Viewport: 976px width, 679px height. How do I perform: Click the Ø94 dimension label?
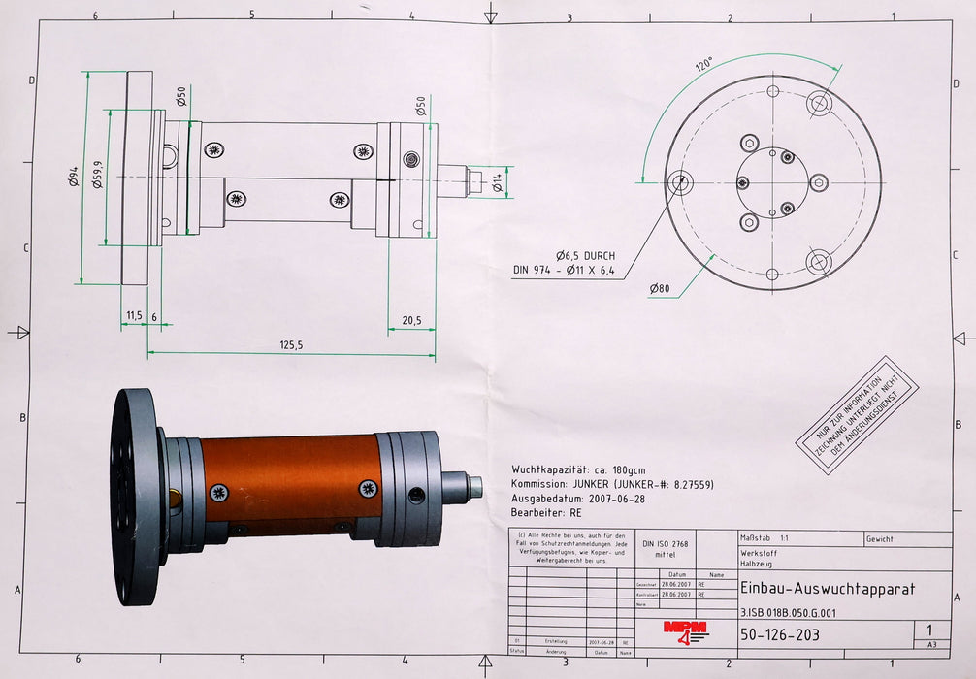pos(74,177)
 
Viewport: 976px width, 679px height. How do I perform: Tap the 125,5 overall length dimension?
pos(291,344)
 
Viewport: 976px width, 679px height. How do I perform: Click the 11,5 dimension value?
pos(134,316)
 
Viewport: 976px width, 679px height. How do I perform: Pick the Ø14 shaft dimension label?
pos(497,181)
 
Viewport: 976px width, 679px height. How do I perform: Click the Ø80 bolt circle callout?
pos(660,288)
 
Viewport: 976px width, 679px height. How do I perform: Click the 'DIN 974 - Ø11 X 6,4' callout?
pos(564,271)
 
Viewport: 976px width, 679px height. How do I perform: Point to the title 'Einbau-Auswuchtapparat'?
pos(827,588)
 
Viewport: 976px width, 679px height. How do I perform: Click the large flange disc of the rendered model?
pos(132,496)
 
